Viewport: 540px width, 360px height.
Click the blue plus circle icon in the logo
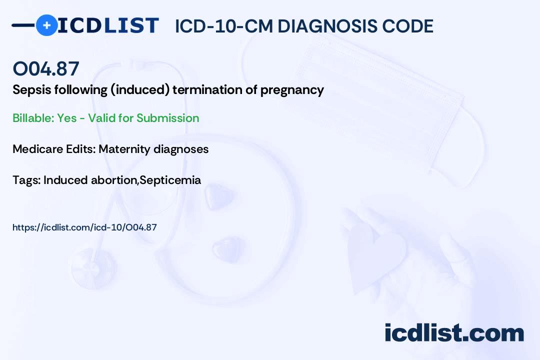coord(47,25)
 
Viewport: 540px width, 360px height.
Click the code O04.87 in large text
coord(46,68)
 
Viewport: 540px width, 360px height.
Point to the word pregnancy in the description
coord(292,90)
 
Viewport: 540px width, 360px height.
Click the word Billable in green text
coord(33,118)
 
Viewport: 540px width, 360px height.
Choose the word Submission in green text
coord(167,118)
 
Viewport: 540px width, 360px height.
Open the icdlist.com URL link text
coord(84,227)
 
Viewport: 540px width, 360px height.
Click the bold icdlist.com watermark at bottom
coord(454,332)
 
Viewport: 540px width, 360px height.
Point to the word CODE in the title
coord(403,26)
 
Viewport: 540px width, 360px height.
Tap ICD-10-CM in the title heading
coord(224,26)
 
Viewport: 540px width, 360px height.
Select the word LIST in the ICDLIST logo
coord(131,25)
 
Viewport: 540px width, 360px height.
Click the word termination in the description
coord(205,90)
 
